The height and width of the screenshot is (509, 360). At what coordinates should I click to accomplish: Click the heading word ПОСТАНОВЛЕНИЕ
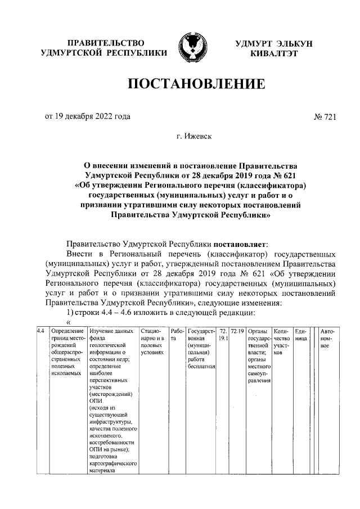tap(196, 84)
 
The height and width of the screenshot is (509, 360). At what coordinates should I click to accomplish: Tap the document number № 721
tap(325, 116)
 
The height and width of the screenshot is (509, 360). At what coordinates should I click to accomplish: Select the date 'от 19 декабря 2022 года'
tap(87, 116)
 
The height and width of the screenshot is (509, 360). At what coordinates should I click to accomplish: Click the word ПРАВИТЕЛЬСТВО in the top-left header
tap(105, 43)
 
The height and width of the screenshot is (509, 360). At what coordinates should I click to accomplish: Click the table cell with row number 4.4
tap(40, 331)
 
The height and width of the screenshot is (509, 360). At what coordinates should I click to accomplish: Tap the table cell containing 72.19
tap(237, 331)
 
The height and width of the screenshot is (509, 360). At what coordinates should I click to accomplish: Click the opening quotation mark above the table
tap(69, 322)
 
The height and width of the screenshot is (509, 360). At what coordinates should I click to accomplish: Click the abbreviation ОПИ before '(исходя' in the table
tap(96, 402)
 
